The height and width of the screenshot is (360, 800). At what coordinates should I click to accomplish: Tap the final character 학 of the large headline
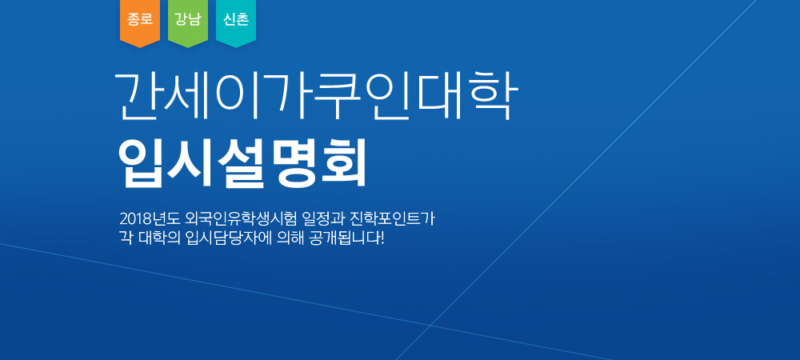(492, 96)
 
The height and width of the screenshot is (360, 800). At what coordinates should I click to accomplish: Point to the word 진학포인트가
(390, 219)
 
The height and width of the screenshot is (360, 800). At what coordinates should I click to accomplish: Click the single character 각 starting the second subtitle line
(126, 238)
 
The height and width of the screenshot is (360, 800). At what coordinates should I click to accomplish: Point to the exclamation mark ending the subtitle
(381, 238)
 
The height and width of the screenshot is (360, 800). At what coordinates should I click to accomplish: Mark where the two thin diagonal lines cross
(430, 325)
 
